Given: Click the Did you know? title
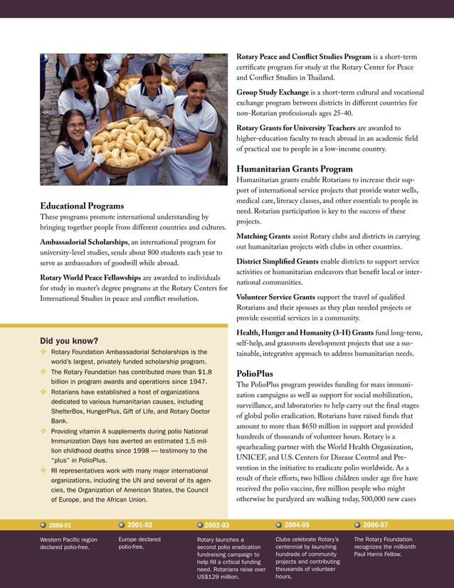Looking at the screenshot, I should (69, 340).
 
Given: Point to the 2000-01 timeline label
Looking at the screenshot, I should (60, 525).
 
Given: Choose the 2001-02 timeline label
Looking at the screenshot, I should (139, 525).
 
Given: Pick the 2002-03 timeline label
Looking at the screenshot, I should (216, 525).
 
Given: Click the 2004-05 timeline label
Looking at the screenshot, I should (296, 525).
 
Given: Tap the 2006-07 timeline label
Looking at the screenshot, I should (375, 525).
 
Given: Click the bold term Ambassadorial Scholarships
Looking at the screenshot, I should (84, 243).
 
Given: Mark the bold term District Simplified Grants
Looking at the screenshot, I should (277, 261).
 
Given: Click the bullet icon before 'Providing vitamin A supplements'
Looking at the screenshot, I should (43, 432).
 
